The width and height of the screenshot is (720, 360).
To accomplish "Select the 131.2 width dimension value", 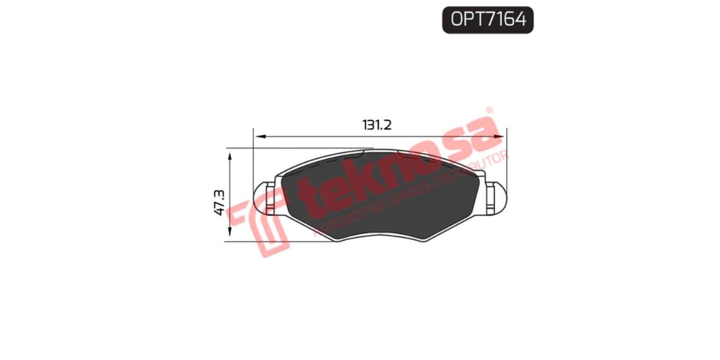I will [x=377, y=125].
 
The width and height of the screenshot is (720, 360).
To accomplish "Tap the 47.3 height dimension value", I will [x=218, y=202].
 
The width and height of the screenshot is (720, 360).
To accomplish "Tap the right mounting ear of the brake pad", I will [x=497, y=197].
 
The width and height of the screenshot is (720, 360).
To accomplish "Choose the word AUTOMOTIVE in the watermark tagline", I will [x=348, y=219].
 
